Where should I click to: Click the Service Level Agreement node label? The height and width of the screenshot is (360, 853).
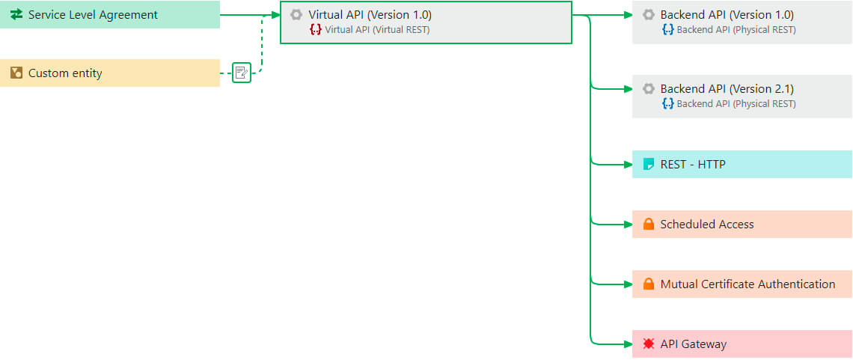pyautogui.click(x=93, y=15)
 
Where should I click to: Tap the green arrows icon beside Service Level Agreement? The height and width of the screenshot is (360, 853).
pyautogui.click(x=16, y=15)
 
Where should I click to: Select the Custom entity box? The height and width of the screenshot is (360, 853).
pyautogui.click(x=109, y=73)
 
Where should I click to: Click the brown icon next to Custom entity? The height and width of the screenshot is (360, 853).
pyautogui.click(x=16, y=73)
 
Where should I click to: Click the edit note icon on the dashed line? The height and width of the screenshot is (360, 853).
pyautogui.click(x=241, y=73)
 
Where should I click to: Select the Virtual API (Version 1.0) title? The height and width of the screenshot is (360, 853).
pyautogui.click(x=370, y=15)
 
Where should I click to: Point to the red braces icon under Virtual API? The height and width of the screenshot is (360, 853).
pyautogui.click(x=316, y=30)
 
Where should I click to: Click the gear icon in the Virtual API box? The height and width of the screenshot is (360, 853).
pyautogui.click(x=296, y=15)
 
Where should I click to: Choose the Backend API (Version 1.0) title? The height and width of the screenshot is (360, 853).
pyautogui.click(x=727, y=15)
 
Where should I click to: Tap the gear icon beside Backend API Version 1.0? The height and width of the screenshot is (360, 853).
pyautogui.click(x=648, y=15)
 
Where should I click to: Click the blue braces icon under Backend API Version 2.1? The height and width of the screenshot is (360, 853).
pyautogui.click(x=667, y=104)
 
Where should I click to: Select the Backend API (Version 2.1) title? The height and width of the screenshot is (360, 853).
pyautogui.click(x=727, y=89)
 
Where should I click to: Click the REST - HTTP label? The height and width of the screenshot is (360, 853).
pyautogui.click(x=692, y=165)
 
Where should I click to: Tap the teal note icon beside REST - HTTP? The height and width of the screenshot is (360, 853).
pyautogui.click(x=648, y=165)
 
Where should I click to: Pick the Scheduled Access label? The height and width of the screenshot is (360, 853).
pyautogui.click(x=706, y=225)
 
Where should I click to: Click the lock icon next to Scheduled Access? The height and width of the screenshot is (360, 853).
pyautogui.click(x=648, y=225)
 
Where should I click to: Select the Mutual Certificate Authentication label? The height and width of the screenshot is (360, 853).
pyautogui.click(x=747, y=284)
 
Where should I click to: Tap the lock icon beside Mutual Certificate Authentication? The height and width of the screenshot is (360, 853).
pyautogui.click(x=648, y=284)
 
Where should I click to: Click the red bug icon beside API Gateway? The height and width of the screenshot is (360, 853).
pyautogui.click(x=648, y=344)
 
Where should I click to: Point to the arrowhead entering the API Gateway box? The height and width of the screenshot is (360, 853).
pyautogui.click(x=629, y=344)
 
